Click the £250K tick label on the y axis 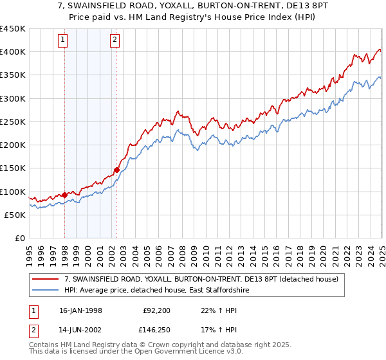(x=12, y=122)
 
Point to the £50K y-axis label (x=15, y=215)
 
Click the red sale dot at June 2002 (x=116, y=170)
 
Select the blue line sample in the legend (x=46, y=291)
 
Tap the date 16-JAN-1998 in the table (x=80, y=310)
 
